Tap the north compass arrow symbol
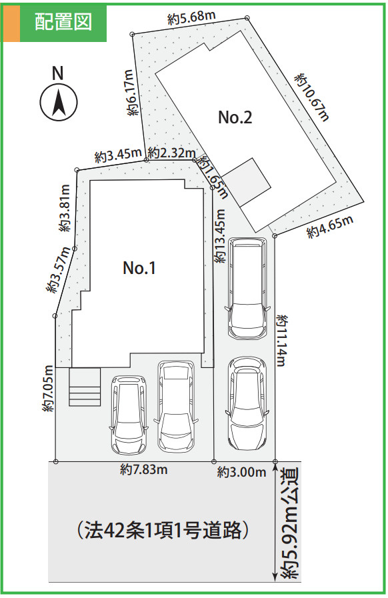click(x=59, y=104)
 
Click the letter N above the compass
click(x=58, y=73)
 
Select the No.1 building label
click(x=139, y=268)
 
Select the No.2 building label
click(x=235, y=118)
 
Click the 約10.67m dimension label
click(x=312, y=97)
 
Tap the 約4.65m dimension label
click(x=329, y=228)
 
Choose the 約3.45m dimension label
click(x=117, y=157)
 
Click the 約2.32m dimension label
click(x=171, y=153)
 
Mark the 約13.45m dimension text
click(x=221, y=237)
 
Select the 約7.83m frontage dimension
click(x=143, y=470)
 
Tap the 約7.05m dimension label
click(x=48, y=389)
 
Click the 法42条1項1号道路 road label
click(x=163, y=530)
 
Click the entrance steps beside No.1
click(x=84, y=387)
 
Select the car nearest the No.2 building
click(x=246, y=288)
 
